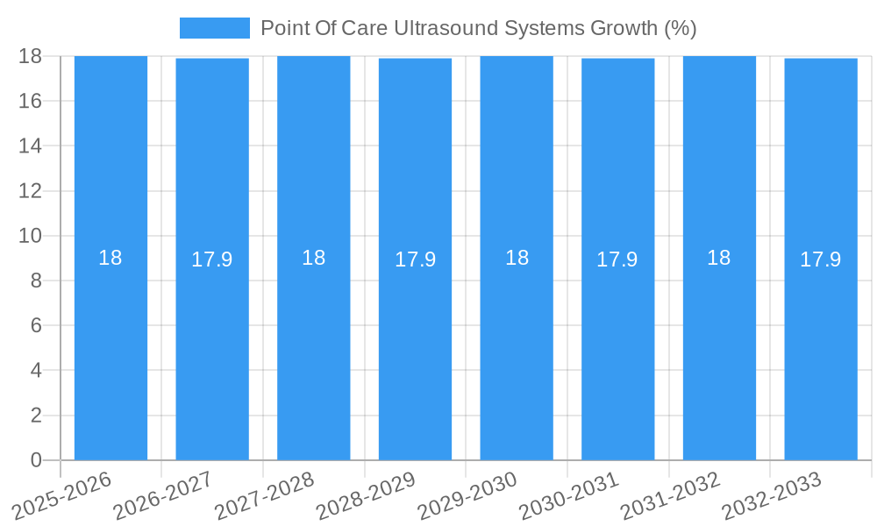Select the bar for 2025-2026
(x=111, y=351)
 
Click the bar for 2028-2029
(x=415, y=351)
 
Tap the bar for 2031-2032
(x=719, y=351)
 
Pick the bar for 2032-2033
(x=821, y=351)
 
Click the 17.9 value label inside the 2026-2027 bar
(x=211, y=259)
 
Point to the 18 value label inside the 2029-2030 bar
(x=517, y=258)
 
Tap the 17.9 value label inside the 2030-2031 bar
(x=617, y=259)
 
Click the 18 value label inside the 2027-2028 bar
(x=313, y=258)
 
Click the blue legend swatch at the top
(x=214, y=28)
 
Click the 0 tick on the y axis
(x=36, y=460)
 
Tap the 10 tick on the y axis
(x=30, y=236)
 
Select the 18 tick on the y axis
(x=30, y=56)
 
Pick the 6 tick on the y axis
(x=36, y=325)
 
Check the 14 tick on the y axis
(x=30, y=146)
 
